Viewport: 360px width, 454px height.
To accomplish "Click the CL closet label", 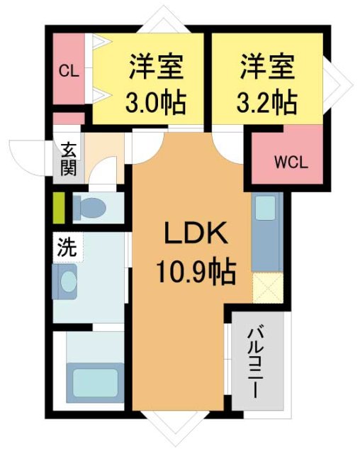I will pos(68,70).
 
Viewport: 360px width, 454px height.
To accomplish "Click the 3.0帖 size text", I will pos(155,104).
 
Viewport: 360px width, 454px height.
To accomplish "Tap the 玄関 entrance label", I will pos(69,160).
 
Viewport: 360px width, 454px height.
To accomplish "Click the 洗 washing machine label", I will pos(66,248).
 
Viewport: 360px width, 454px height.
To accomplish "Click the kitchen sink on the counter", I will pos(264,209).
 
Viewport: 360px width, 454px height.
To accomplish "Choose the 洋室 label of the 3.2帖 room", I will pos(265,70).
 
